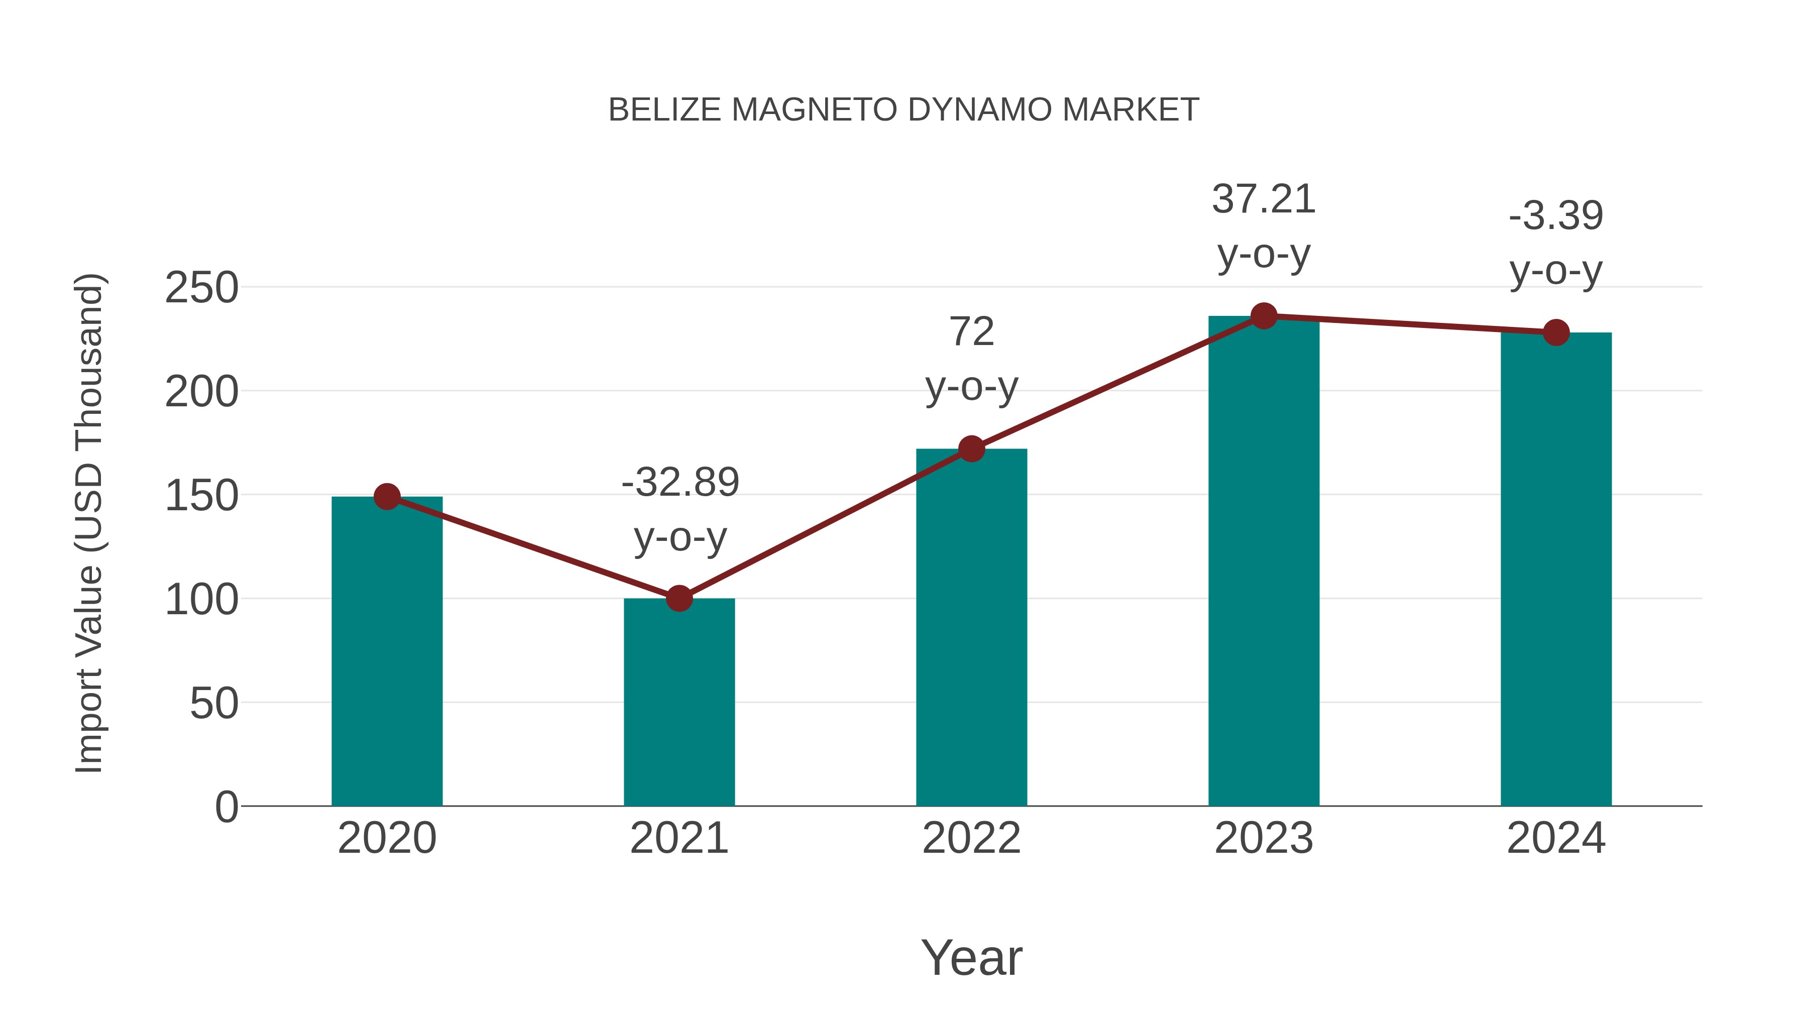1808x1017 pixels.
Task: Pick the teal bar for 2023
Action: point(1264,561)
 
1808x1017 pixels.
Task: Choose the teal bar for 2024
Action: point(1556,569)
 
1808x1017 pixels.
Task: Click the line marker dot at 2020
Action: point(387,497)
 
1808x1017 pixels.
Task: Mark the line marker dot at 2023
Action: point(1264,316)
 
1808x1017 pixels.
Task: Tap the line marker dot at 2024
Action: point(1556,332)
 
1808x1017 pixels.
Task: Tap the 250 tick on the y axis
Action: point(201,288)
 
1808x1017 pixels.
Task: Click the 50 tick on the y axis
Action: point(214,703)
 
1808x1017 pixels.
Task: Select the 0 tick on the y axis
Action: point(226,807)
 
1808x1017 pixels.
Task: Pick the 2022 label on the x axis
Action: point(971,838)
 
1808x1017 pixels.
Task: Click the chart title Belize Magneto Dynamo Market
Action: point(903,110)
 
